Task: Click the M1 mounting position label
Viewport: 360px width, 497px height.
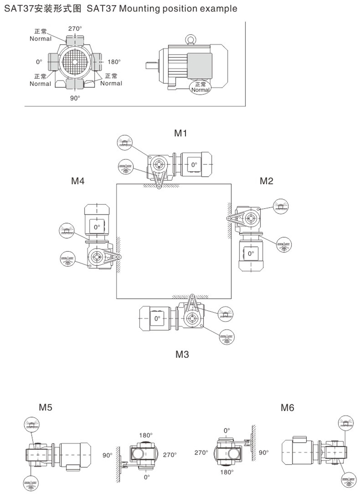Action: (181, 133)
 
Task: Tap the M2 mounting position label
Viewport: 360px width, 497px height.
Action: (266, 181)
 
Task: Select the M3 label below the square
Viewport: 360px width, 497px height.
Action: (182, 354)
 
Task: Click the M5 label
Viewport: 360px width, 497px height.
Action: (45, 407)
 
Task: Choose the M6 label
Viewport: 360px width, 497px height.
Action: (287, 408)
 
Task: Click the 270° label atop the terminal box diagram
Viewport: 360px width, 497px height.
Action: (74, 29)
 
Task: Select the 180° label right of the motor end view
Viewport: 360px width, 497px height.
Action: (114, 62)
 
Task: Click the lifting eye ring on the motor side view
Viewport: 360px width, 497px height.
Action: (190, 38)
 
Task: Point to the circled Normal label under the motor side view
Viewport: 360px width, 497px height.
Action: (200, 87)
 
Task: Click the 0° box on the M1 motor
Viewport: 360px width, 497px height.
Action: (194, 164)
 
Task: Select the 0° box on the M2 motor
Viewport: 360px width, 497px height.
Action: (250, 253)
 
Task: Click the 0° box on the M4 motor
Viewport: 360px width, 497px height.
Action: (97, 227)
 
